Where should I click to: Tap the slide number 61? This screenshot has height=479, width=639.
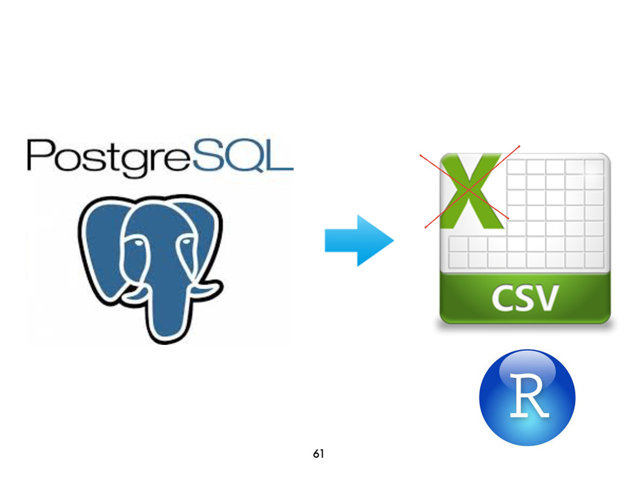[x=318, y=454]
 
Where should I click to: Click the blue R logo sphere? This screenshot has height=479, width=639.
[x=527, y=397]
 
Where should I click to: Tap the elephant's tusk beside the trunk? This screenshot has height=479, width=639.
[x=134, y=293]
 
